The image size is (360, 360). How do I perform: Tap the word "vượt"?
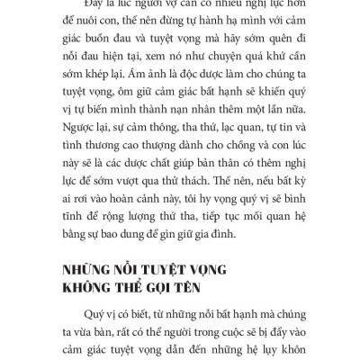[x=150, y=187]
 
